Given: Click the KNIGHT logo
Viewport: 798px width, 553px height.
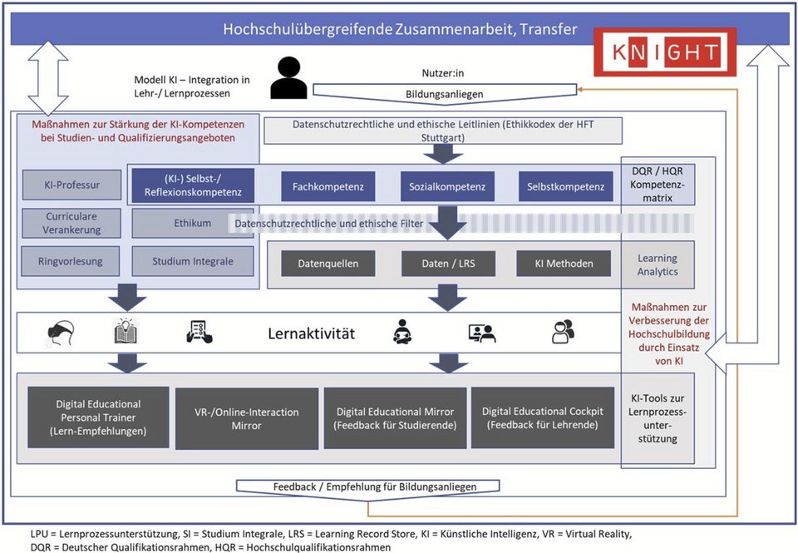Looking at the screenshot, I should click(658, 52).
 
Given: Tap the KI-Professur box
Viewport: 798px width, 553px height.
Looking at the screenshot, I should click(71, 185).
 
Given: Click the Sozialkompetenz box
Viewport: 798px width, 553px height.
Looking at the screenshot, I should click(447, 186).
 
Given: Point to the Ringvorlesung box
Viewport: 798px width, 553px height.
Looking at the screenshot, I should click(71, 260).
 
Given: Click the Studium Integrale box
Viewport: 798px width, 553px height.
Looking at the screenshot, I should click(193, 260).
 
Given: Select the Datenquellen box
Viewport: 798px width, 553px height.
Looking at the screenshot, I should click(328, 264).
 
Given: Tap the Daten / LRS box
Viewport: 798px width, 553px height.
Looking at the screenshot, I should click(449, 264).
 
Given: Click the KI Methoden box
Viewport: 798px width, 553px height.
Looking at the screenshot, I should click(565, 264).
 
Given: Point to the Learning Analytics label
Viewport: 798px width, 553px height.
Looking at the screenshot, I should click(657, 264).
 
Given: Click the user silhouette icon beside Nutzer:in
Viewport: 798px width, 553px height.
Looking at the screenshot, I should click(288, 77).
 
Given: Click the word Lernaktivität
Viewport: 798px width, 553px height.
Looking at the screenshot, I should click(311, 333).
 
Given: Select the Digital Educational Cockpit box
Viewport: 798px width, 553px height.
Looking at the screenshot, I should click(542, 417).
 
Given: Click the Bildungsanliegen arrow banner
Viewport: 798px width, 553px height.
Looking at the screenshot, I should click(444, 94).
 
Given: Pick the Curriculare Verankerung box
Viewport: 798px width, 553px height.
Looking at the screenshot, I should click(71, 223).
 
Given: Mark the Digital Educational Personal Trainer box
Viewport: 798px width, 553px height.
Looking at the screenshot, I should click(99, 417).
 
